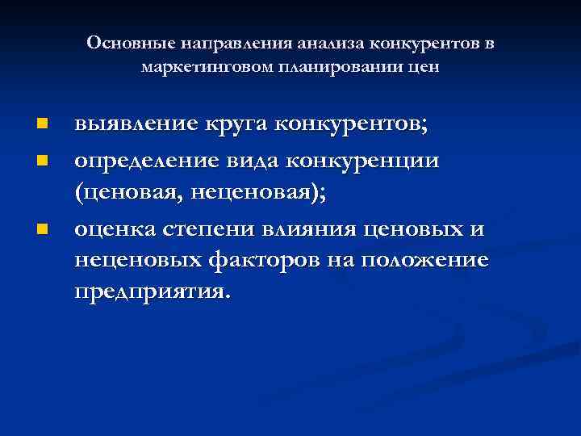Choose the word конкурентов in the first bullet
pyautogui.click(x=352, y=124)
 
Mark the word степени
pyautogui.click(x=214, y=230)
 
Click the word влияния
pyautogui.click(x=310, y=229)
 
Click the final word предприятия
pyautogui.click(x=153, y=291)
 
